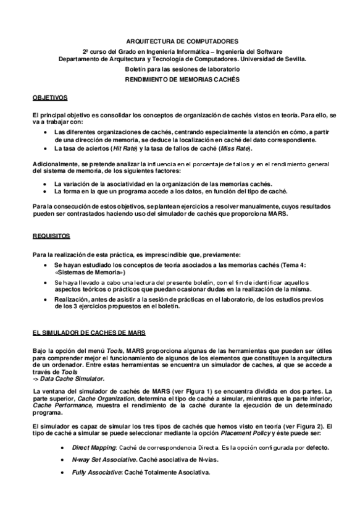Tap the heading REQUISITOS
click(x=51, y=236)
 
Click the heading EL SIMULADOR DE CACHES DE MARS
click(x=89, y=332)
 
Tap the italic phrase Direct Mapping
click(x=93, y=447)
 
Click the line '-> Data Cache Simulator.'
click(x=69, y=378)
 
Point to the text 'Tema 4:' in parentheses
click(x=293, y=264)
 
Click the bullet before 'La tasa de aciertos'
click(x=48, y=149)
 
